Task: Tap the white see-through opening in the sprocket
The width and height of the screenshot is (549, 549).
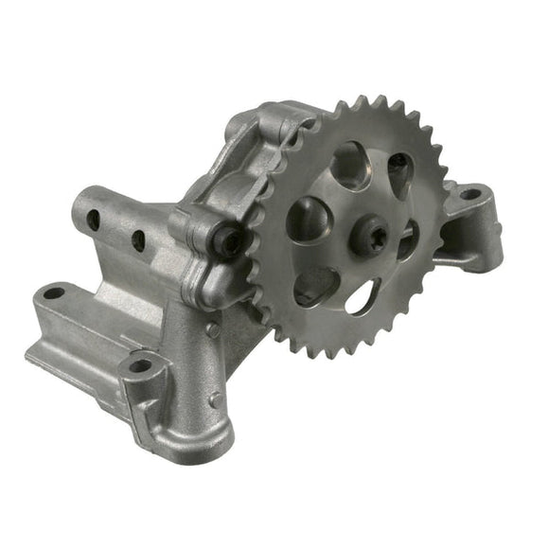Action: click(363, 298)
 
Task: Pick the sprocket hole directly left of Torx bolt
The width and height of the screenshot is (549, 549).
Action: click(310, 220)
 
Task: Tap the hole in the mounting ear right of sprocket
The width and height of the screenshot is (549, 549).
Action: click(470, 194)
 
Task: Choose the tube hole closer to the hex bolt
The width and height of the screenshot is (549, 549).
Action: click(138, 239)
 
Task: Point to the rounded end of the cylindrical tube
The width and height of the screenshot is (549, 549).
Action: click(80, 204)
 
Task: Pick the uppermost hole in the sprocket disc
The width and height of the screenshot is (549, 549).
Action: click(350, 165)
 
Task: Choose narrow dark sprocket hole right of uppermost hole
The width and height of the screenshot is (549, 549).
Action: click(399, 172)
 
